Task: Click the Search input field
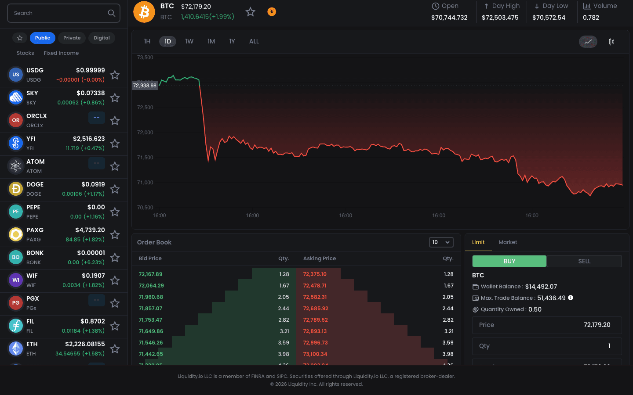[x=59, y=13]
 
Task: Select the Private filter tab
[x=72, y=38]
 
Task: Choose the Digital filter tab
[x=102, y=38]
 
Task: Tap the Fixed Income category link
[x=61, y=53]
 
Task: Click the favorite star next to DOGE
[x=115, y=189]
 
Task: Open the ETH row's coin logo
[x=16, y=348]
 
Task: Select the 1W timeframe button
[x=189, y=41]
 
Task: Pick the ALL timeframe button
[x=254, y=41]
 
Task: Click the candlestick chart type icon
[x=611, y=42]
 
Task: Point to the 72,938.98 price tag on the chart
[x=145, y=86]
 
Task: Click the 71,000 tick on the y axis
[x=145, y=183]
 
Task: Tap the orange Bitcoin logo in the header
[x=144, y=12]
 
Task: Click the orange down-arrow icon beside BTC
[x=272, y=12]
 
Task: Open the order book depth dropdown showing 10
[x=441, y=242]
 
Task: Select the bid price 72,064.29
[x=151, y=286]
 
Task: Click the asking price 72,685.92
[x=316, y=309]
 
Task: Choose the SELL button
[x=584, y=261]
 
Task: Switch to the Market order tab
[x=508, y=242]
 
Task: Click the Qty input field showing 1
[x=547, y=346]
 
